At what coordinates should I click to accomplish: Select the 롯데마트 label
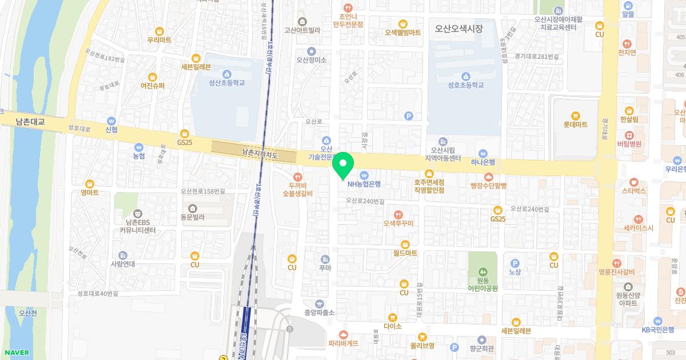click(575, 124)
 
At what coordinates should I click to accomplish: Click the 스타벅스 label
click(633, 190)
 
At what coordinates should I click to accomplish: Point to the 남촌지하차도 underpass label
click(260, 153)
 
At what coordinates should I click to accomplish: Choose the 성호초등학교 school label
click(465, 85)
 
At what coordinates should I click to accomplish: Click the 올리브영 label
click(422, 345)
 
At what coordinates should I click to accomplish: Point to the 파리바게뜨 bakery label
click(343, 343)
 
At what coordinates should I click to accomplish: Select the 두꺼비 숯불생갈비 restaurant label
click(297, 189)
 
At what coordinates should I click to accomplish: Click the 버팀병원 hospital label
click(629, 143)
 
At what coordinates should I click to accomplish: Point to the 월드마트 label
click(405, 252)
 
